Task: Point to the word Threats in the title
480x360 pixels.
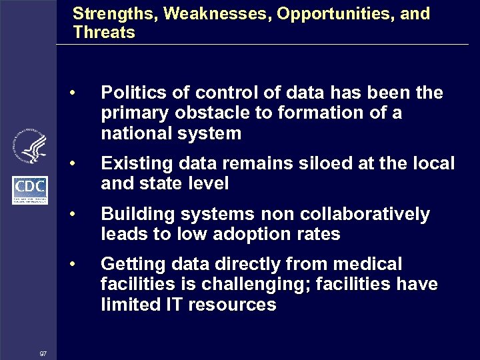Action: coord(104,32)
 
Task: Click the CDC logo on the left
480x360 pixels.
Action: coord(30,189)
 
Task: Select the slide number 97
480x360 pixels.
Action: coord(43,353)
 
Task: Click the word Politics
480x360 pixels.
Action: coord(131,93)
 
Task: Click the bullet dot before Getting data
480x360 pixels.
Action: coord(79,265)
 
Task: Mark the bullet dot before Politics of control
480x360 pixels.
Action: coord(79,93)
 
